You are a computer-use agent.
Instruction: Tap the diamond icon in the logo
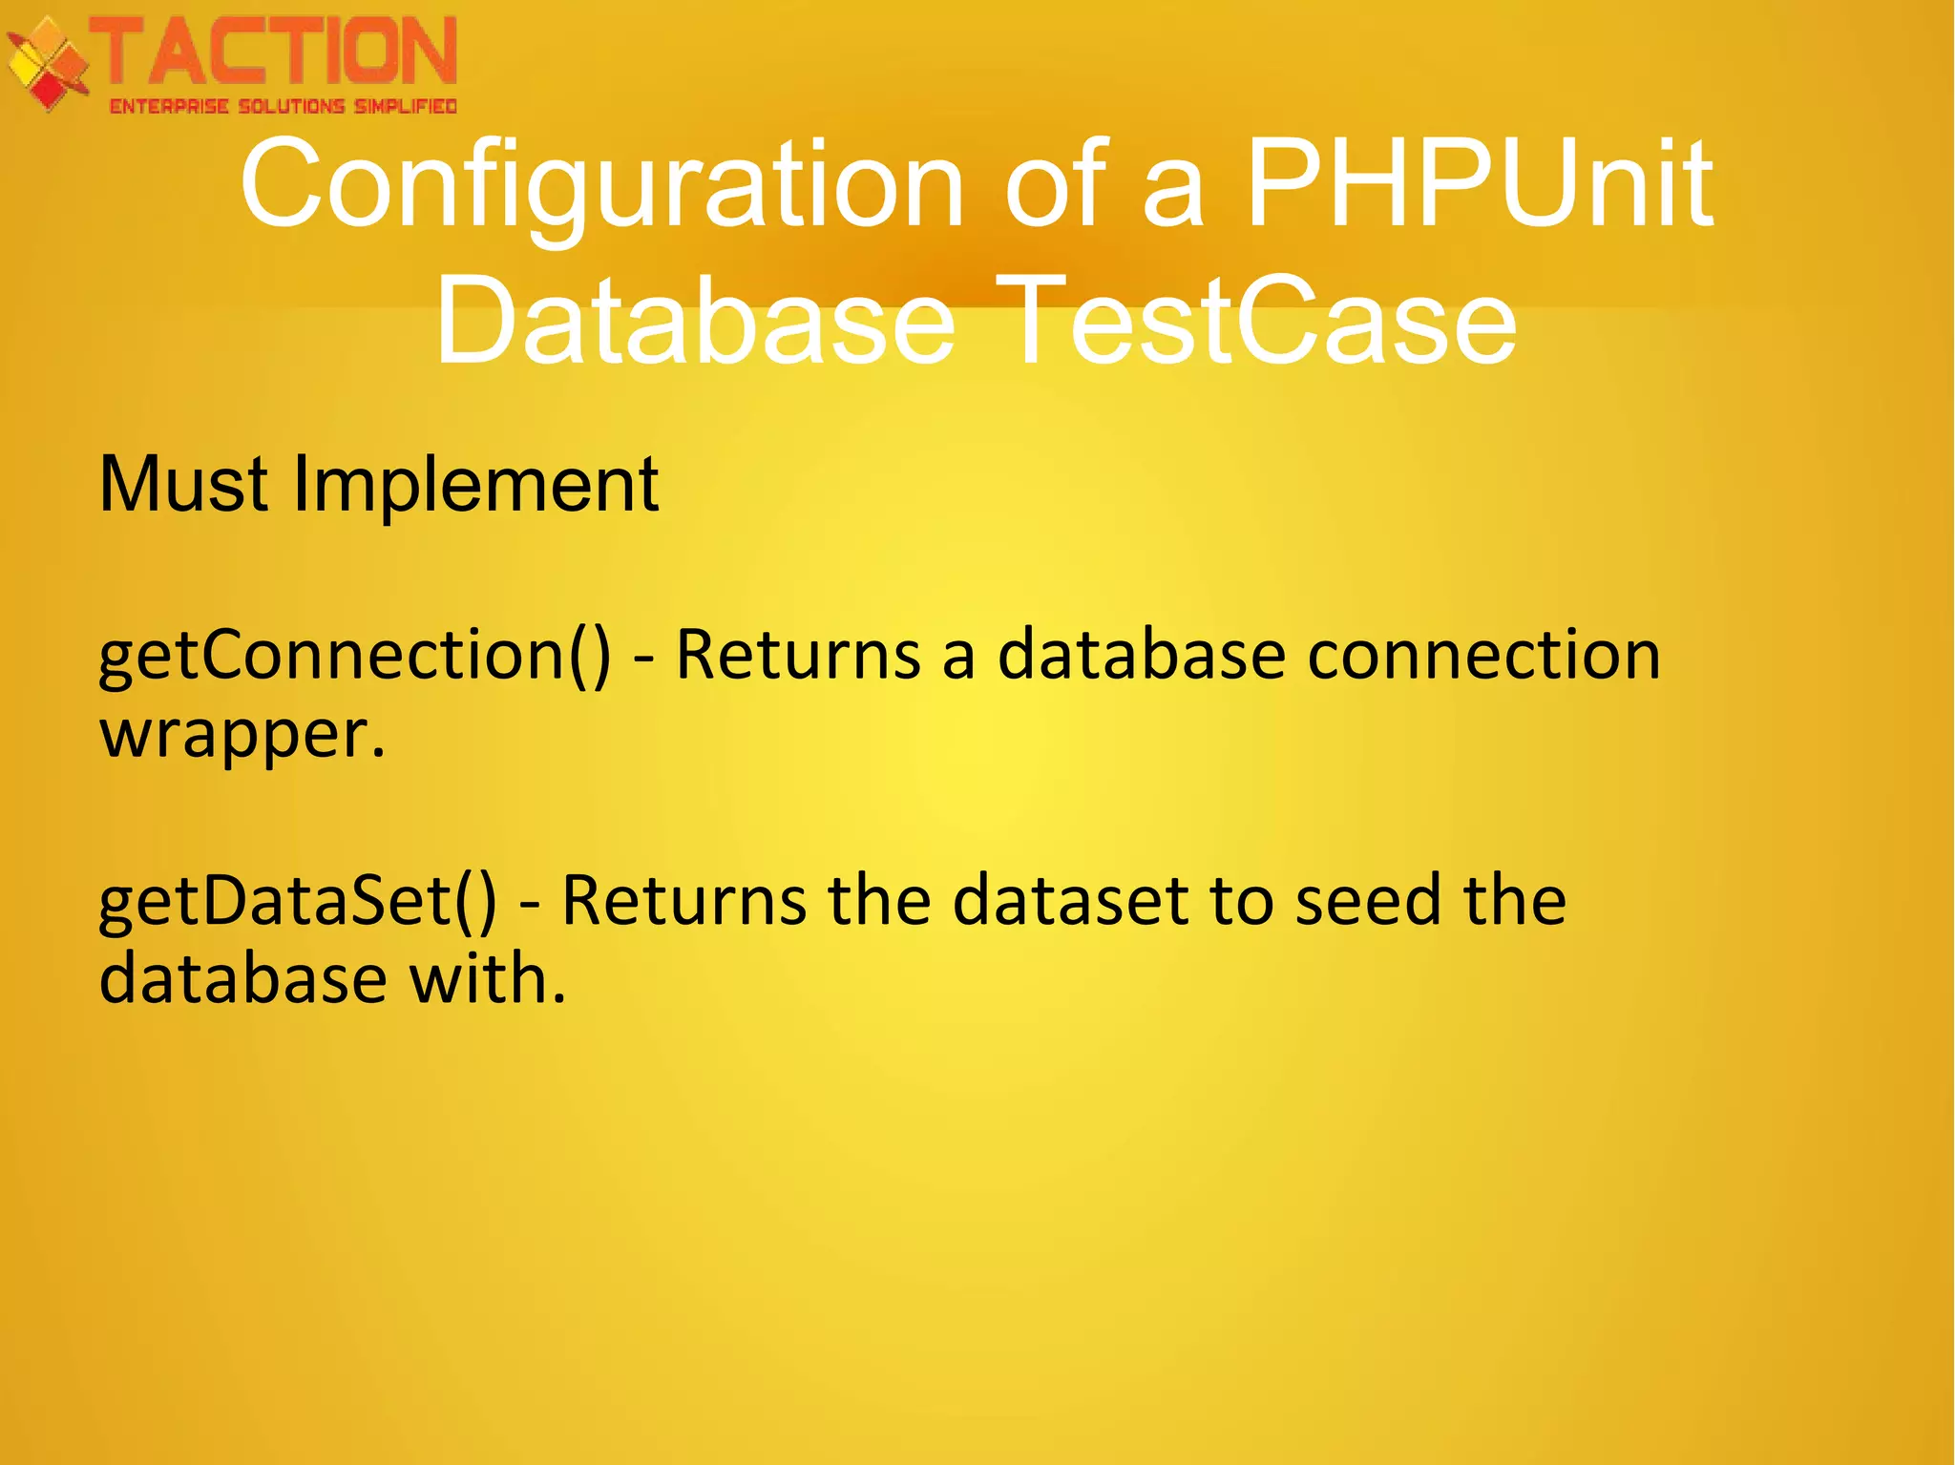point(46,65)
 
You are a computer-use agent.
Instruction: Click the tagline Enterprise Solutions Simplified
point(283,106)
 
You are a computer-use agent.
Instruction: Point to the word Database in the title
point(695,319)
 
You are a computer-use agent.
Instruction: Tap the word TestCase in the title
point(1260,319)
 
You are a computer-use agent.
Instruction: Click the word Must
point(183,485)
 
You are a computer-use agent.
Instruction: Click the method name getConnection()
point(354,657)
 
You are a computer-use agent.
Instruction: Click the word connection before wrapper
point(1483,657)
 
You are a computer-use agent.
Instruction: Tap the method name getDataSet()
point(297,902)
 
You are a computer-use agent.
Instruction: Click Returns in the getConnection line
point(797,657)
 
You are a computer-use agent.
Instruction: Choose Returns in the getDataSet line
point(683,902)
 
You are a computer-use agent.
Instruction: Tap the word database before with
point(242,979)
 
